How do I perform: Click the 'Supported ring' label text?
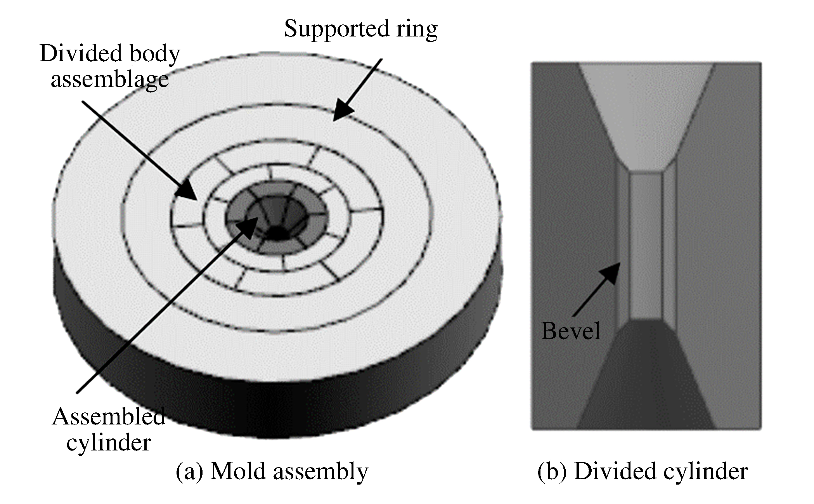[361, 29]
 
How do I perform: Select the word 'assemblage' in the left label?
[110, 80]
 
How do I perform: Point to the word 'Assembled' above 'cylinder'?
[109, 417]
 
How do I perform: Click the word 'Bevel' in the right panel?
[570, 331]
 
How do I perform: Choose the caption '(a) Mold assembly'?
[272, 471]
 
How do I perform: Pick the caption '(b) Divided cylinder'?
[643, 471]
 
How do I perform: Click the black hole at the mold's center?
[277, 233]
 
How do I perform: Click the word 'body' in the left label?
[154, 54]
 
